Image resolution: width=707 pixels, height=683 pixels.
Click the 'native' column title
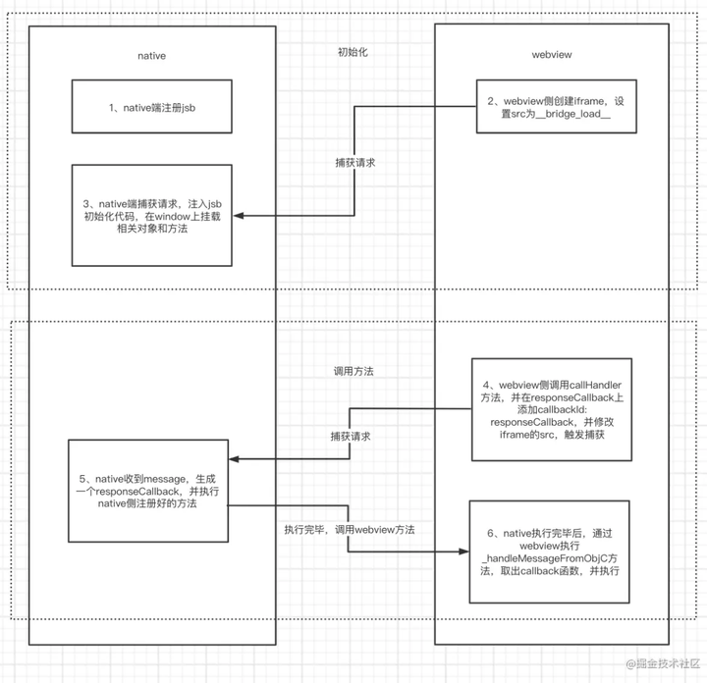pyautogui.click(x=150, y=56)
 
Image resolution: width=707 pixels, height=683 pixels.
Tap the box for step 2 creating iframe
pyautogui.click(x=552, y=107)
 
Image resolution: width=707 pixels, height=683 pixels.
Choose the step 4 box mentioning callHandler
pyautogui.click(x=552, y=408)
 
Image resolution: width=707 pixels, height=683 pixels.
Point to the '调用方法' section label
pyautogui.click(x=353, y=372)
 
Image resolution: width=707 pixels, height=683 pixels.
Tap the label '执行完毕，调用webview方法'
pyautogui.click(x=349, y=529)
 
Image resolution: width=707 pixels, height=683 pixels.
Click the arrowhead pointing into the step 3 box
pyautogui.click(x=237, y=215)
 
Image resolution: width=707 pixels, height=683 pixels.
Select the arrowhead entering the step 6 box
pyautogui.click(x=463, y=552)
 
